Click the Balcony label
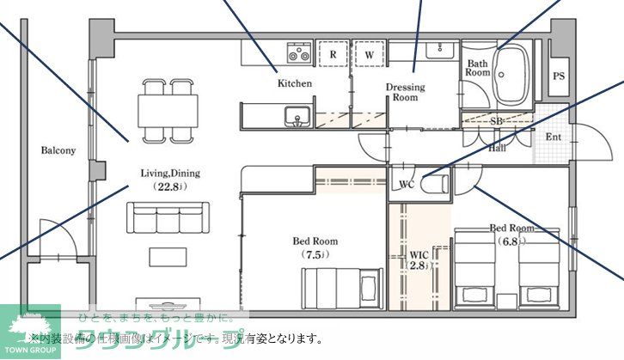click(x=58, y=150)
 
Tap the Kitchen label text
click(x=294, y=84)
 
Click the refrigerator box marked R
click(x=333, y=54)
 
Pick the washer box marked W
click(x=369, y=54)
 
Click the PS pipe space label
click(x=559, y=76)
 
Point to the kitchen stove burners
click(x=298, y=53)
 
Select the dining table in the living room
click(x=168, y=110)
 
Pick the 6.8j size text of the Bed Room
click(x=511, y=241)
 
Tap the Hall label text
click(x=497, y=147)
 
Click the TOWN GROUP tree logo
click(x=30, y=329)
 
